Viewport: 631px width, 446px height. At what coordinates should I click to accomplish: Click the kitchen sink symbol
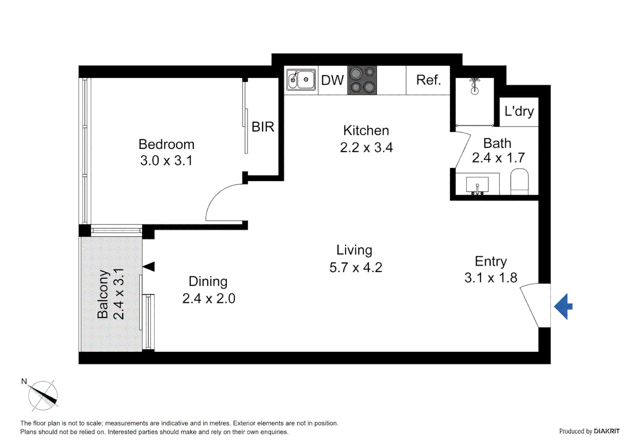tap(301, 79)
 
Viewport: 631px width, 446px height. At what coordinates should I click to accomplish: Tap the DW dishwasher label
tap(332, 80)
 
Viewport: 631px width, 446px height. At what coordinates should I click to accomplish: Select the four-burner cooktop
tap(362, 80)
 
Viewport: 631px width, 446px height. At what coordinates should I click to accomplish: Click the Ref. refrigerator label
tap(428, 80)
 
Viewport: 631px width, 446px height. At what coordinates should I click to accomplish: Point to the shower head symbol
tap(475, 85)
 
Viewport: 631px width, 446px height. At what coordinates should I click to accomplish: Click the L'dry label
tap(519, 111)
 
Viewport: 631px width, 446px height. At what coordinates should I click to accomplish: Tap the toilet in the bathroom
tap(520, 181)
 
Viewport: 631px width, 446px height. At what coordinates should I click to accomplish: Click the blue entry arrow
tap(563, 306)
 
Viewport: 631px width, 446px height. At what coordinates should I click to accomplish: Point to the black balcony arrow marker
tap(149, 267)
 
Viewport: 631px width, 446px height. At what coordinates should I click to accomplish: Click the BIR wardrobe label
tap(263, 127)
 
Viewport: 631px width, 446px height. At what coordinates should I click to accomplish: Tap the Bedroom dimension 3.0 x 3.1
tap(166, 161)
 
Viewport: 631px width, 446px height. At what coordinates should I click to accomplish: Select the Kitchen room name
tap(366, 130)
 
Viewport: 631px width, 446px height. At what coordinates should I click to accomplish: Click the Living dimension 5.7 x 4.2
tap(356, 268)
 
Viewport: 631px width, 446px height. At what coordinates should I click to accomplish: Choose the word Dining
tap(208, 282)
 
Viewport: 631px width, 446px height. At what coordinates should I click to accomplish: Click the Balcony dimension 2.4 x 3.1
tap(119, 294)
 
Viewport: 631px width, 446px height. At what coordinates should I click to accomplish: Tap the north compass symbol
tap(43, 395)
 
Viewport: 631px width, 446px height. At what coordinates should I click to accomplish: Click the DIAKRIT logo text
tap(607, 431)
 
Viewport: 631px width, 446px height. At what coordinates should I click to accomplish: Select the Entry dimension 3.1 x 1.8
tap(491, 278)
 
